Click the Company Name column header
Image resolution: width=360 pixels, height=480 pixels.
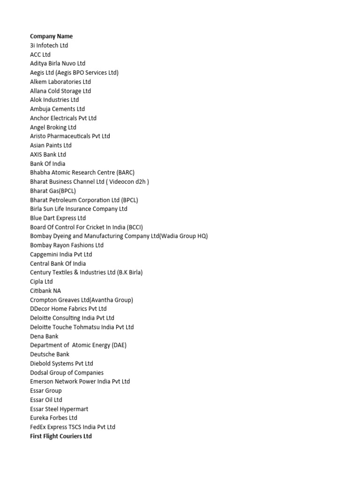click(51, 36)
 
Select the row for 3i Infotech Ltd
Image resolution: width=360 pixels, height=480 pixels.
click(49, 45)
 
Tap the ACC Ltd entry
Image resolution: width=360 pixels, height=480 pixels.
click(40, 54)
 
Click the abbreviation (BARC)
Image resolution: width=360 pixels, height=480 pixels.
click(126, 172)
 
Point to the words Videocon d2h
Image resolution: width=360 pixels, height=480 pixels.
click(128, 182)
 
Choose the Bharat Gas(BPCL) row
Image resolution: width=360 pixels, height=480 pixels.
click(53, 191)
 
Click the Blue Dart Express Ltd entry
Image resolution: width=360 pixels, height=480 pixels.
click(58, 218)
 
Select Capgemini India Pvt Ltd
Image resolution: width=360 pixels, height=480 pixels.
click(61, 255)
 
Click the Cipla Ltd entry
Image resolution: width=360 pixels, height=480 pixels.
click(41, 282)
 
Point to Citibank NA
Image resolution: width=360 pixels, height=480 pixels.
click(45, 291)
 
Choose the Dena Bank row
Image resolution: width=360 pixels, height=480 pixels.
click(44, 336)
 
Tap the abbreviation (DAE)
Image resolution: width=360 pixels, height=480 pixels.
click(119, 345)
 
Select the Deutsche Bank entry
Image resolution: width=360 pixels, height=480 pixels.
click(50, 354)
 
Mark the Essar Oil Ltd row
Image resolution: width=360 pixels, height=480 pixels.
click(46, 400)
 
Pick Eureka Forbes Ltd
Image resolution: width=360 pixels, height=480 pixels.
click(53, 418)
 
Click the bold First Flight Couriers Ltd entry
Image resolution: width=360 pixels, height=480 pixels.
click(61, 436)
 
